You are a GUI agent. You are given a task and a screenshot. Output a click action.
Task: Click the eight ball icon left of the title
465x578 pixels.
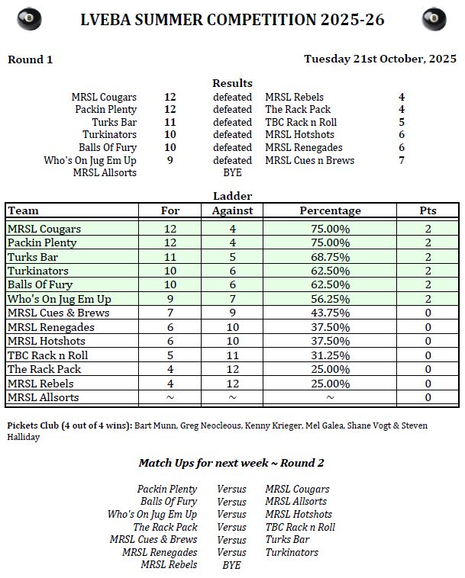[29, 19]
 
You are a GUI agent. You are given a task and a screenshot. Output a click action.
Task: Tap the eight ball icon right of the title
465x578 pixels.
[434, 19]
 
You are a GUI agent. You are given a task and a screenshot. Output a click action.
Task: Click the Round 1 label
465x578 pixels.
[30, 59]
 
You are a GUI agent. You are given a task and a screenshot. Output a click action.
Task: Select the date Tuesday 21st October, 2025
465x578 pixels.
[379, 59]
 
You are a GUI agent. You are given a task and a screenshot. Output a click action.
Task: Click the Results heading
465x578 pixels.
[232, 83]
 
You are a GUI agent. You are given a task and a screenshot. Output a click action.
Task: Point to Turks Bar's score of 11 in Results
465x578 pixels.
[170, 122]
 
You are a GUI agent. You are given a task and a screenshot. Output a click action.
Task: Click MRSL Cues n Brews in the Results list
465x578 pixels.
[309, 160]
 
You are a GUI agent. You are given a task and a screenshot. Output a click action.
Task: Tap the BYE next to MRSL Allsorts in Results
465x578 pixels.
[232, 173]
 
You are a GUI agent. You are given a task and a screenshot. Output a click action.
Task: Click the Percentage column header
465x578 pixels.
[330, 210]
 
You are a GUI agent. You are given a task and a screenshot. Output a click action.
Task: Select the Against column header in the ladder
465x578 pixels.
[232, 210]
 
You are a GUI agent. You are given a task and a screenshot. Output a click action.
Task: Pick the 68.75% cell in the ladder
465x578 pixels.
[330, 257]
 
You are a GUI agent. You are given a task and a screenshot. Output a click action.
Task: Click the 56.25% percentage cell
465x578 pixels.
[330, 299]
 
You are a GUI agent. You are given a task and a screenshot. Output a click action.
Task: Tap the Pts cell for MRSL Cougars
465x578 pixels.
[428, 229]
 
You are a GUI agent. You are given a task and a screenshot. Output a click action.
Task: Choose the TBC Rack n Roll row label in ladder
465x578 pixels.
[47, 355]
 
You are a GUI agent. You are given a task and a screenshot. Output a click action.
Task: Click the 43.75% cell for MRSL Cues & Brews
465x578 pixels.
[330, 313]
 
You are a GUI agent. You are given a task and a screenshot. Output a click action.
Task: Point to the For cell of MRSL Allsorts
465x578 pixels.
[170, 397]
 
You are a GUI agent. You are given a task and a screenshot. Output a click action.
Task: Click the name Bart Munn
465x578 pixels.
[157, 425]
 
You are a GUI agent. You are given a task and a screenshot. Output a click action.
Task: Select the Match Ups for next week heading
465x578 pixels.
[232, 463]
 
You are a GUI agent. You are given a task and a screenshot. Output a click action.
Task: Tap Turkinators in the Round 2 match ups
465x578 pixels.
[292, 552]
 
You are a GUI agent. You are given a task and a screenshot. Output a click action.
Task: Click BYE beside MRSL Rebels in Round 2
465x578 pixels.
[231, 565]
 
